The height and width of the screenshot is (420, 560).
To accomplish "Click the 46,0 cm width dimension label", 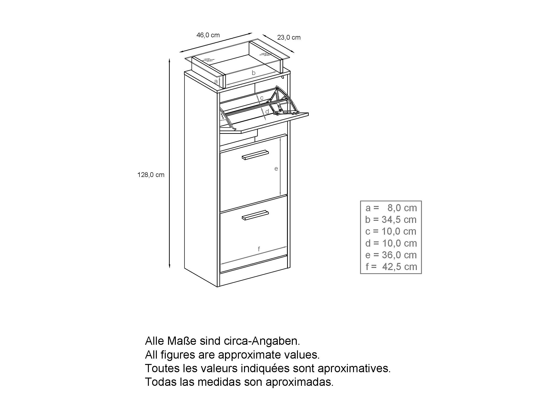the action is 208,35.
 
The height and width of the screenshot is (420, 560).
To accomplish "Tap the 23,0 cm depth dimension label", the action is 289,37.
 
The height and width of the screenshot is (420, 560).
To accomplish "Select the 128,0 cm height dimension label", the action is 151,175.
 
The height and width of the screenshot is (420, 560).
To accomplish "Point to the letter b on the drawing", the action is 253,73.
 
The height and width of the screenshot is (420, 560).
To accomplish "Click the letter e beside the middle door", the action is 276,169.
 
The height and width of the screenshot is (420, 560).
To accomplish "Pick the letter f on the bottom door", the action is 259,249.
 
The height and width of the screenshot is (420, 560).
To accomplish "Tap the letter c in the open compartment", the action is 262,98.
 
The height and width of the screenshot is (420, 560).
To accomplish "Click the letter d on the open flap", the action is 267,112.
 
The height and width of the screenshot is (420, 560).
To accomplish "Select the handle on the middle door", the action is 255,155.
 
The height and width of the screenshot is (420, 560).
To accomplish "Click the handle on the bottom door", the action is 255,215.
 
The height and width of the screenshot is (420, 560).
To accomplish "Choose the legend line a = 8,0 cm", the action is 391,208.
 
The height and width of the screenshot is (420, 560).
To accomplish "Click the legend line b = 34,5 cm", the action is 391,220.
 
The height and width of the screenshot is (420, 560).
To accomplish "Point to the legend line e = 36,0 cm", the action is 391,255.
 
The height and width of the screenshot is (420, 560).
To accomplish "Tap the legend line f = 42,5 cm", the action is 391,266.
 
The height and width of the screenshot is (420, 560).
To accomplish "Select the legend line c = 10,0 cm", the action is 391,231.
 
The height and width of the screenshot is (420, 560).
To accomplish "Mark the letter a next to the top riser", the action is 216,82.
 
